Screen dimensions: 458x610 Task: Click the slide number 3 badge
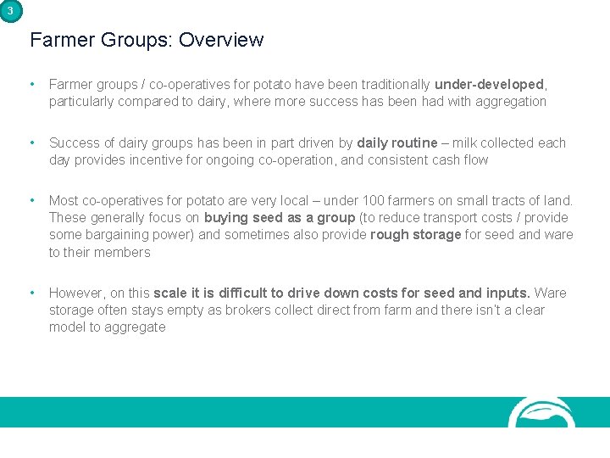click(x=10, y=10)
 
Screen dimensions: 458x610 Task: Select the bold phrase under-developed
click(x=490, y=85)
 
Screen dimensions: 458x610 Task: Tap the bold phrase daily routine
click(x=397, y=142)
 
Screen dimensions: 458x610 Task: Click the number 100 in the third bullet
click(x=374, y=200)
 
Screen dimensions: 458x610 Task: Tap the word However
click(x=76, y=293)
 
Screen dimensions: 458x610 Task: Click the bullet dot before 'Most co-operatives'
click(x=32, y=200)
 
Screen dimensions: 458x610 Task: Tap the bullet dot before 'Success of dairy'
click(x=32, y=142)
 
